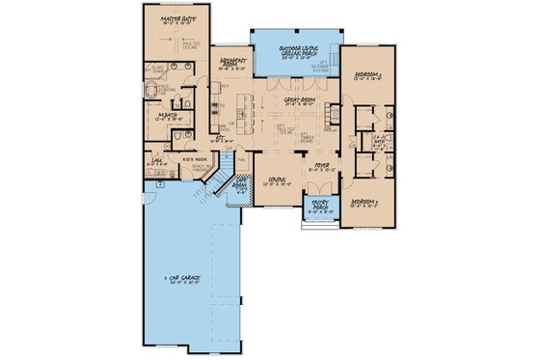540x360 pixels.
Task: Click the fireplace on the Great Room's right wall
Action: coord(332,113)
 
